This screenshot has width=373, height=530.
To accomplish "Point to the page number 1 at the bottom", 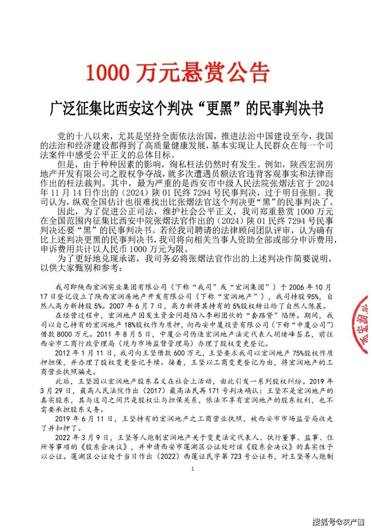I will click(192, 469).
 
